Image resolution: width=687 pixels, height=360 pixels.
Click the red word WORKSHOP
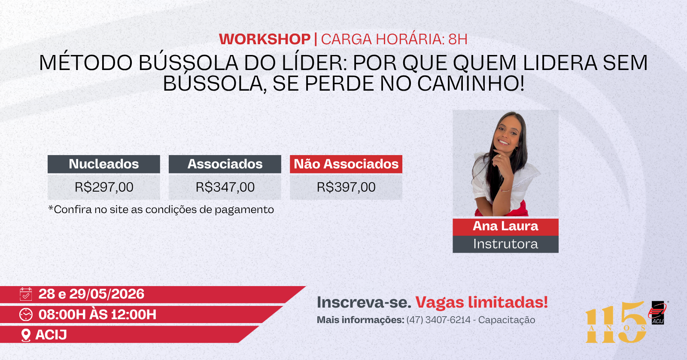coord(264,39)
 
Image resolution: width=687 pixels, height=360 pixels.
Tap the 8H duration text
coord(458,39)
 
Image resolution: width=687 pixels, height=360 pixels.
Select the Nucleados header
coord(103,164)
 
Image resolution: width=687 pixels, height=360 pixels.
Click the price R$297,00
coord(104,187)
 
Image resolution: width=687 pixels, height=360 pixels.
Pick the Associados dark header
coord(225,164)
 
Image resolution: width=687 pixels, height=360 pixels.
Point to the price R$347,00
coord(225,187)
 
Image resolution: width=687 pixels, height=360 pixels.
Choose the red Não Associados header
coord(346,164)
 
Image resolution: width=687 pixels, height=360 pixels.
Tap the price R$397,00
coord(346,187)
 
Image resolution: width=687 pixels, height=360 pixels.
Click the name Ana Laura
coord(505,226)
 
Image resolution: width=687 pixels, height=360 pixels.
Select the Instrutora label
coord(505,244)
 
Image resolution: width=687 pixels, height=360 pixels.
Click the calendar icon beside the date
coord(26,294)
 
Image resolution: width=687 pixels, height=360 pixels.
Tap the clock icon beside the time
coord(26,314)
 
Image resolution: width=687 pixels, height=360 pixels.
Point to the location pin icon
coord(26,335)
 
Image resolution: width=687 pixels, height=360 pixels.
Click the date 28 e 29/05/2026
coord(91,294)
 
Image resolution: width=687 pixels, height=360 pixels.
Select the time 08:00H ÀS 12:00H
coord(97,314)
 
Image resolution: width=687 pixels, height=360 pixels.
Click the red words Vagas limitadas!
coord(481,302)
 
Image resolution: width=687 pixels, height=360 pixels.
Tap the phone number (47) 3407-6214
coord(438,320)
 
